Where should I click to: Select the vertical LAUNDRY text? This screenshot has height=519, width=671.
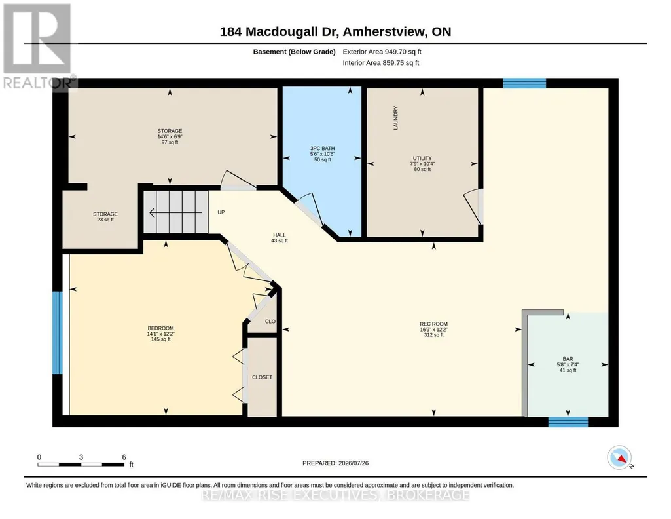pos(395,118)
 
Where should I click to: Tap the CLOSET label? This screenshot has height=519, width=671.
pos(262,377)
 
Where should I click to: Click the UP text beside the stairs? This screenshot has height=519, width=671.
pos(221,212)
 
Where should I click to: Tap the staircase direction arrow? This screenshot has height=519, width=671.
pos(175,212)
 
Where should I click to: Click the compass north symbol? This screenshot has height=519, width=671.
pos(619,457)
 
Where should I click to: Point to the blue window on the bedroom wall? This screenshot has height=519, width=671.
pos(58,333)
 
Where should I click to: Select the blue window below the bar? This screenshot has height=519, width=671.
pos(568,422)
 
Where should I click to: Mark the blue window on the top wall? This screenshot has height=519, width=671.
pos(524,83)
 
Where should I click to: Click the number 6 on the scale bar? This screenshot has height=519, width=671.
pos(124,457)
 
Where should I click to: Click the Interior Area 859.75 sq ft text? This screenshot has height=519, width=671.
pos(381,63)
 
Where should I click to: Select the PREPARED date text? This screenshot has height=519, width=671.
pos(335,463)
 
